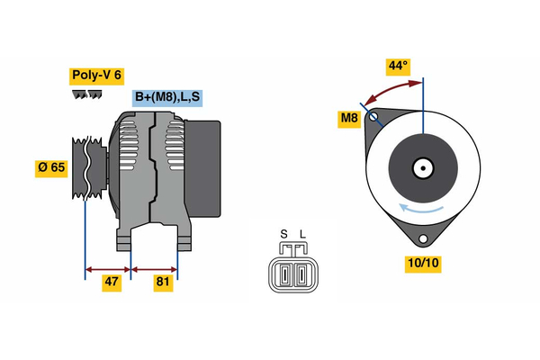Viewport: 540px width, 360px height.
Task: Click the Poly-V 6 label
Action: pyautogui.click(x=96, y=76)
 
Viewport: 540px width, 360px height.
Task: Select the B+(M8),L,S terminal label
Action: pyautogui.click(x=168, y=97)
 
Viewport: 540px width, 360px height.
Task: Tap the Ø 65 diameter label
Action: pyautogui.click(x=51, y=167)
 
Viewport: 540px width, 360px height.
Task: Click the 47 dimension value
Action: pyautogui.click(x=111, y=282)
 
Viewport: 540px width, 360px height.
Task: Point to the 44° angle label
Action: pyautogui.click(x=398, y=66)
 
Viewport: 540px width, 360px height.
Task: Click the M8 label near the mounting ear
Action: pyautogui.click(x=349, y=118)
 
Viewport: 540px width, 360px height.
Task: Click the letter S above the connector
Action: pyautogui.click(x=283, y=235)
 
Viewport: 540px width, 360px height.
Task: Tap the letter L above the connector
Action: pyautogui.click(x=302, y=235)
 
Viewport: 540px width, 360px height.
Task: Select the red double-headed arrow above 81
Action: pyautogui.click(x=154, y=267)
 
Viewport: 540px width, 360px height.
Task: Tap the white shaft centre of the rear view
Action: pyautogui.click(x=422, y=167)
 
